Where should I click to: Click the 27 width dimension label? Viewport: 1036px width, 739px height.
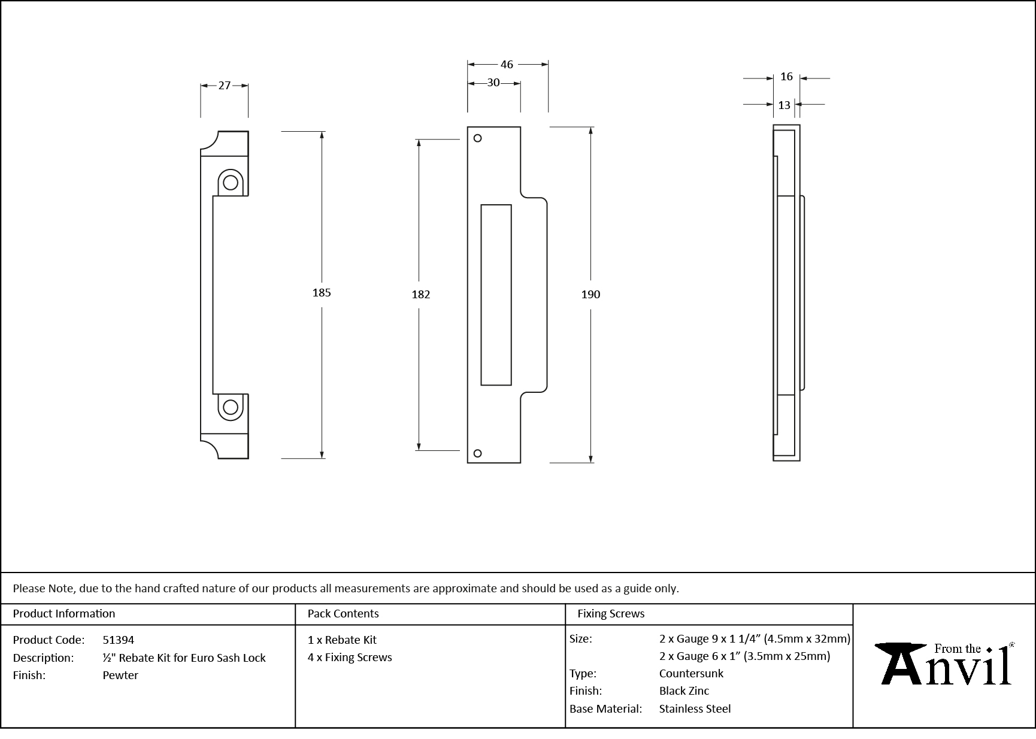(x=224, y=86)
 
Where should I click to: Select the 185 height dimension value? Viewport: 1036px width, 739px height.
(x=322, y=292)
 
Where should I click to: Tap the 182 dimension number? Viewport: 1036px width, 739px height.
(x=421, y=294)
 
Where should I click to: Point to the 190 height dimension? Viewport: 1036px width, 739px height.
(x=590, y=294)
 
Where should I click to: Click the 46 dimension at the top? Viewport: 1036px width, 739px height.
(x=507, y=64)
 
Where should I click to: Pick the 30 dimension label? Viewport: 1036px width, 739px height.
(x=493, y=83)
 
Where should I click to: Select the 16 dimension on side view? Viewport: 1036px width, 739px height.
(x=786, y=77)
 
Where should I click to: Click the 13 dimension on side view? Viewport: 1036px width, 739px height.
(x=784, y=105)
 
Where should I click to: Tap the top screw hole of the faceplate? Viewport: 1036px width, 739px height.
(x=477, y=138)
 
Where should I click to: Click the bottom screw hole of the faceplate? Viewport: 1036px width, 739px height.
(x=477, y=453)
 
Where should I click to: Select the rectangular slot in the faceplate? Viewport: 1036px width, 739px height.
(x=496, y=295)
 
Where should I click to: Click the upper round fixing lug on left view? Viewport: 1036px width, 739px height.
(x=231, y=182)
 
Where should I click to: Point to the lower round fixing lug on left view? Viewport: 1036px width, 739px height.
(x=231, y=407)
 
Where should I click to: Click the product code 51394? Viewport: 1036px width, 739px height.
(x=119, y=640)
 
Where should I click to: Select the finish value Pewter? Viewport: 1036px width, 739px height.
(x=120, y=675)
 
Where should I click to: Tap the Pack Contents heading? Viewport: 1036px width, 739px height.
(x=343, y=613)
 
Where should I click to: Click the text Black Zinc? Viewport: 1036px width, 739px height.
(x=684, y=690)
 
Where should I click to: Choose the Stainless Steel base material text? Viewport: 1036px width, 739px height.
(x=695, y=708)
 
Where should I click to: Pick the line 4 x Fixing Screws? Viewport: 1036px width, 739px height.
(x=350, y=657)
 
